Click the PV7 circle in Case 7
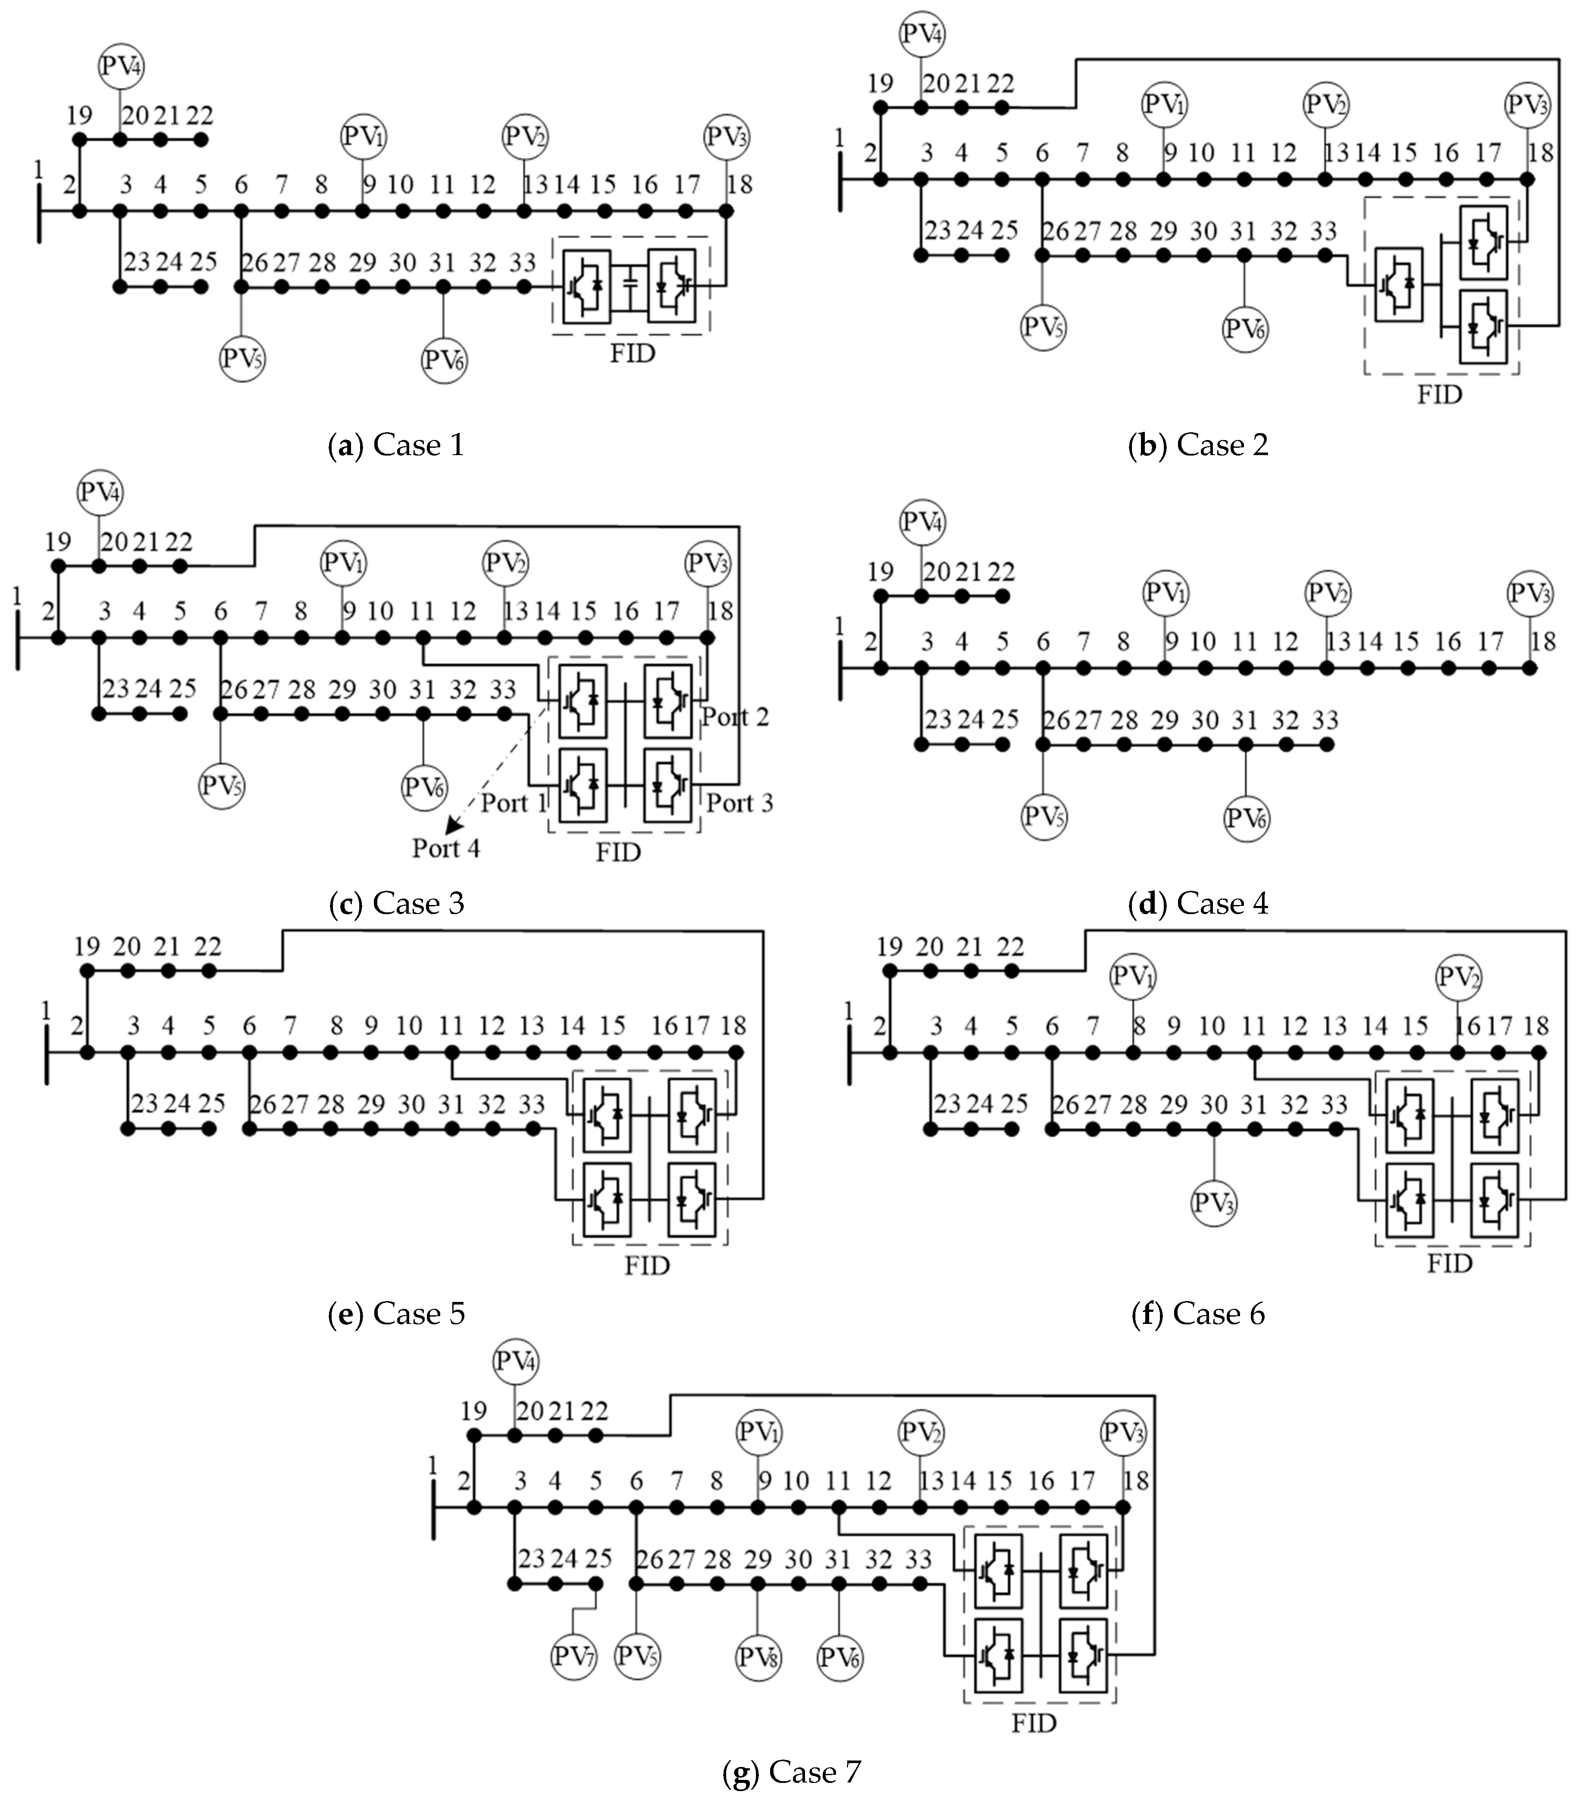[x=573, y=1657]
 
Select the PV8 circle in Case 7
[x=758, y=1657]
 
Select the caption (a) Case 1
[x=396, y=445]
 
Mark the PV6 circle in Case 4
[x=1245, y=818]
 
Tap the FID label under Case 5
[x=647, y=1266]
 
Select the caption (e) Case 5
[x=396, y=1314]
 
